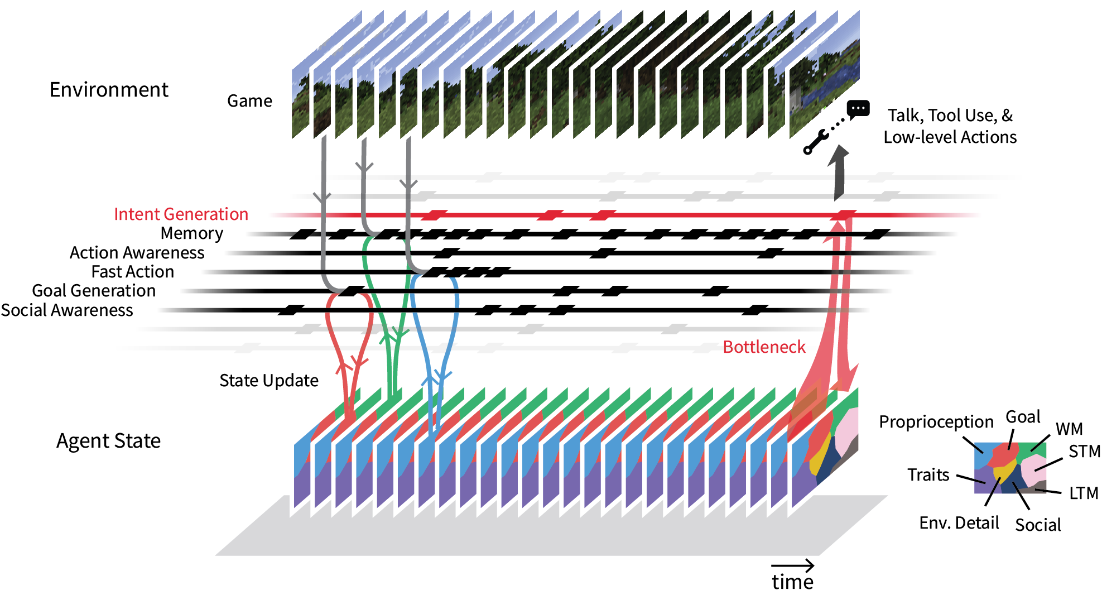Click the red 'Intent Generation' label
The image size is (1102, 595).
coord(181,214)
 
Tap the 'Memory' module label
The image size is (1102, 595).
coord(191,233)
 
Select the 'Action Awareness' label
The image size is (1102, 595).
coord(137,253)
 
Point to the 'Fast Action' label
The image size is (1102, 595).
coord(133,272)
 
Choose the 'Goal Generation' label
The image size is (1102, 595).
coord(94,291)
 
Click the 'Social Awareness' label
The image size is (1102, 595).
coord(67,310)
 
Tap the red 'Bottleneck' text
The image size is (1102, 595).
coord(764,347)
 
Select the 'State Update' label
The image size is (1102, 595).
coord(268,381)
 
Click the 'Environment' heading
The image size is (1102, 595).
coord(109,90)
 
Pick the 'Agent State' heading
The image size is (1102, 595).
coord(108,441)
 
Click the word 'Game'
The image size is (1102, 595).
coord(249,101)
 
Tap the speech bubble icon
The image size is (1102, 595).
coord(858,109)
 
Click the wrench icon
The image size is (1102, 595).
coord(814,142)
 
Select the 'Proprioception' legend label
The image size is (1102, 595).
coord(936,422)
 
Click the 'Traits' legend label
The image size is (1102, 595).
coord(928,475)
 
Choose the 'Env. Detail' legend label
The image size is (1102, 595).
coord(959,523)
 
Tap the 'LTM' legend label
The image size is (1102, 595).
coord(1083,493)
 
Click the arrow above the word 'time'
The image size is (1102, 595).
coord(792,566)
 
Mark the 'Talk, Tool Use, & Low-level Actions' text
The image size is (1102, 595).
coord(950,126)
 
